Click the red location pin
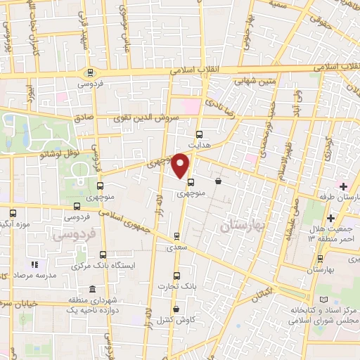coord(181,165)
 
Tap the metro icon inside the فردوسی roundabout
coord(89,72)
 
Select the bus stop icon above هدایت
coord(199,134)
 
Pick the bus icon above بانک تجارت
coord(176,275)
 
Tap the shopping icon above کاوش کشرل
coord(175,308)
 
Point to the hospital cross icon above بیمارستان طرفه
coord(343,186)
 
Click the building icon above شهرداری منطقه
coord(94,289)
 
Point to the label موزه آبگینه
coord(14,224)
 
